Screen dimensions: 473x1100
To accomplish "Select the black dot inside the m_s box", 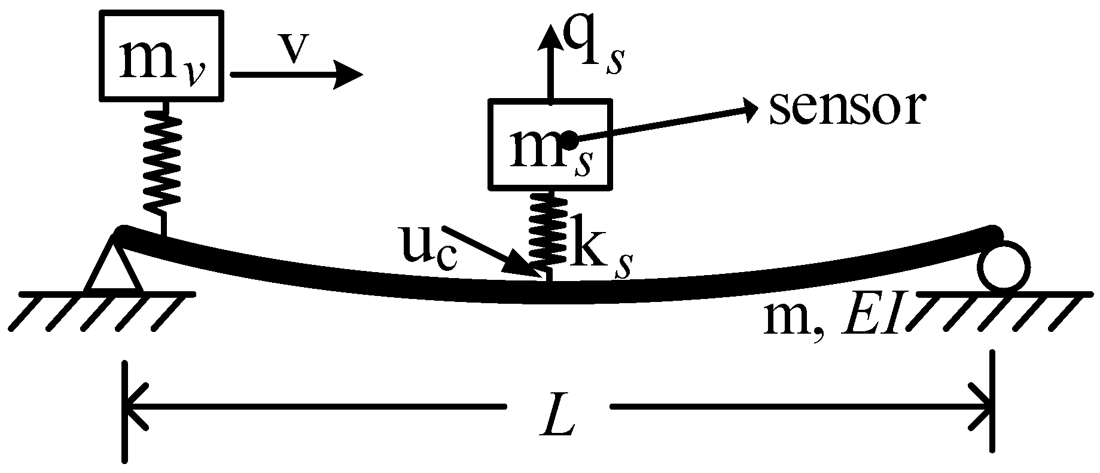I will coord(569,141).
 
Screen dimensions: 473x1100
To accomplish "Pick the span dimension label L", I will coord(557,422).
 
